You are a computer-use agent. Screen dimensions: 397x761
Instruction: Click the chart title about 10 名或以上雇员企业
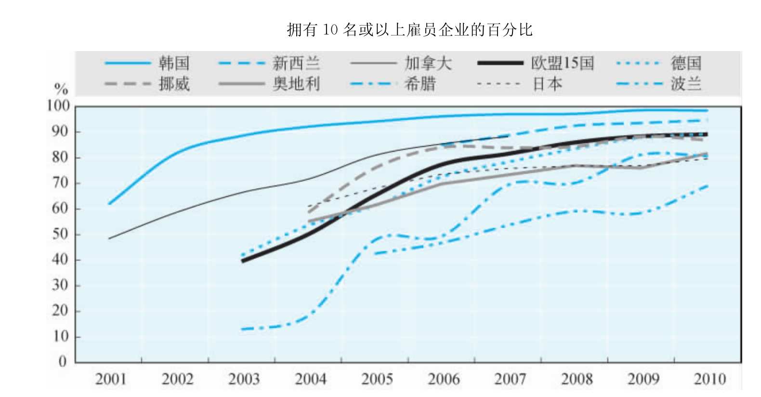click(409, 30)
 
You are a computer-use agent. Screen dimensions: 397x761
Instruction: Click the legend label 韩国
click(174, 63)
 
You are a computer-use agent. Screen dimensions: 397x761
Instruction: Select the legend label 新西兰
click(296, 63)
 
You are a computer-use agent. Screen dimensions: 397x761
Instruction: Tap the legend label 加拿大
click(428, 63)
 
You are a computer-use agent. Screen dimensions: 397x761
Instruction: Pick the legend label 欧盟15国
click(562, 63)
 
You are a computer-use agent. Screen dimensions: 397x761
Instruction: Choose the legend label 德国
click(686, 63)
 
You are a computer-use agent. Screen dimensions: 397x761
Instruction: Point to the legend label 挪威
click(174, 84)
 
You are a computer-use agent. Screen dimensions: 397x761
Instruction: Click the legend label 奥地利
click(296, 84)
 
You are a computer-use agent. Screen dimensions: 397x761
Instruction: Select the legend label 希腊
click(420, 84)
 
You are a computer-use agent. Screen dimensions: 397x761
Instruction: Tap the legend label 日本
click(547, 84)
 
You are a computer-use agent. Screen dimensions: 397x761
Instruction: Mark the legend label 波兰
click(686, 84)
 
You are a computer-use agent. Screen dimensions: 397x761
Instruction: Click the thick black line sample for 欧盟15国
click(500, 63)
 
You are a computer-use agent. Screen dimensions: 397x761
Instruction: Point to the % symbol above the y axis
click(61, 89)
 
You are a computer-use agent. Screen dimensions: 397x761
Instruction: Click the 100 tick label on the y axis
click(58, 106)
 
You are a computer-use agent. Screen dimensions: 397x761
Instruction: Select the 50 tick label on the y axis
click(60, 234)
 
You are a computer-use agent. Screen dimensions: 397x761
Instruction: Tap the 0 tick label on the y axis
click(63, 362)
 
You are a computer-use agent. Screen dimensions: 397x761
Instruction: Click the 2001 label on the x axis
click(111, 379)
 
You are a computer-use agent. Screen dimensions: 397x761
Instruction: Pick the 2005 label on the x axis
click(377, 379)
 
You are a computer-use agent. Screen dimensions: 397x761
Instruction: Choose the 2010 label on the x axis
click(709, 379)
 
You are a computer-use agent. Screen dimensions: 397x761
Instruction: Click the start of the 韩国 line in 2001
click(109, 204)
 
